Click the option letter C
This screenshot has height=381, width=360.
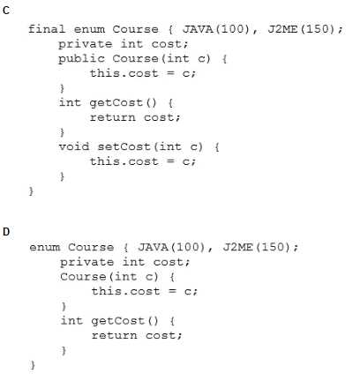point(6,11)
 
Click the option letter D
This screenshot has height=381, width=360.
point(6,232)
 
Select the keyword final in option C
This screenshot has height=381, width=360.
point(47,29)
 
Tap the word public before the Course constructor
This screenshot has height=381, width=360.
point(81,58)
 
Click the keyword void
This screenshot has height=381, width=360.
point(74,146)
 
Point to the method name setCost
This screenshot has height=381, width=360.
point(124,146)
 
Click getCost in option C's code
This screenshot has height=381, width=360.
point(116,103)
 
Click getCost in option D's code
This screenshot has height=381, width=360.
point(117,321)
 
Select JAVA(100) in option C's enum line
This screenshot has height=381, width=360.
point(216,29)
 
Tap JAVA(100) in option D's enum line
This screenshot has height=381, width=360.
point(171,247)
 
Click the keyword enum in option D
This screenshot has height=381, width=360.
point(45,248)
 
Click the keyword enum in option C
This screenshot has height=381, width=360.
point(89,29)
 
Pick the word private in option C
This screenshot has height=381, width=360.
point(86,44)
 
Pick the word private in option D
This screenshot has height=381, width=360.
point(87,262)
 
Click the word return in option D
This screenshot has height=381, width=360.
point(114,335)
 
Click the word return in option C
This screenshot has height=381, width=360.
point(113,117)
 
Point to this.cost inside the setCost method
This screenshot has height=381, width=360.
point(124,161)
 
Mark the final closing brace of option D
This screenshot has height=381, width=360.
point(33,365)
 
